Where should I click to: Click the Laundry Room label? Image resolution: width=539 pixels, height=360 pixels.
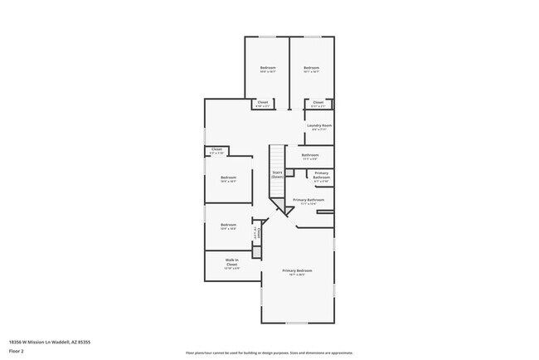[x=321, y=125]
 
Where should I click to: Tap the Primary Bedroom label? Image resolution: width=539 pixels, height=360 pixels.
[x=297, y=270]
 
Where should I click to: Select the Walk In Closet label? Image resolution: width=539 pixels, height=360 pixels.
[x=233, y=262]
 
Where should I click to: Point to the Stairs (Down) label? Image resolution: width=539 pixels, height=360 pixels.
[x=278, y=174]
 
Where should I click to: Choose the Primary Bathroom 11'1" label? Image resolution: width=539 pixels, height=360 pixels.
[x=308, y=200]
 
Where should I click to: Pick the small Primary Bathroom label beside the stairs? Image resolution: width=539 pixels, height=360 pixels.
[x=321, y=175]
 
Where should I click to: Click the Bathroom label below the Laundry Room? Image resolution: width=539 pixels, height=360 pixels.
[x=310, y=154]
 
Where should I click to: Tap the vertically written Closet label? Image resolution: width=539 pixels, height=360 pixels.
[x=258, y=233]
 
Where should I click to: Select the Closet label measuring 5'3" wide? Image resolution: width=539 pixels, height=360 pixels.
[x=216, y=149]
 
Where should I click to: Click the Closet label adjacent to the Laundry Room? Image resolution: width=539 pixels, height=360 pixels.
[x=318, y=102]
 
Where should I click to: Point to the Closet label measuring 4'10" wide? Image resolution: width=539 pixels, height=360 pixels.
[x=262, y=102]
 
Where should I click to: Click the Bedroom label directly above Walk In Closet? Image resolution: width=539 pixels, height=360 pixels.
[x=229, y=224]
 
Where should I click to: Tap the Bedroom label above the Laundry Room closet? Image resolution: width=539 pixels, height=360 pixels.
[x=311, y=67]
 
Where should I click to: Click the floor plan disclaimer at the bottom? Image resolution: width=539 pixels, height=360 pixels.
[x=269, y=352]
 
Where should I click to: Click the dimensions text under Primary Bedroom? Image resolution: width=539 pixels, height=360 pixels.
[x=297, y=275]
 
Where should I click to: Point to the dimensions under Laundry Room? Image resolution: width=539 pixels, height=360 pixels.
[x=321, y=129]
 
